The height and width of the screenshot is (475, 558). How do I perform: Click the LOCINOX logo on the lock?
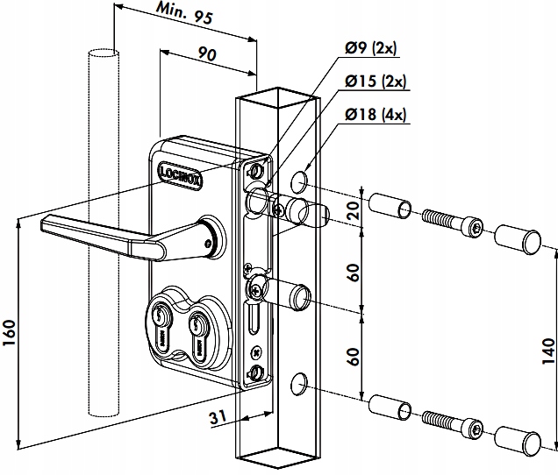coord(181,171)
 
